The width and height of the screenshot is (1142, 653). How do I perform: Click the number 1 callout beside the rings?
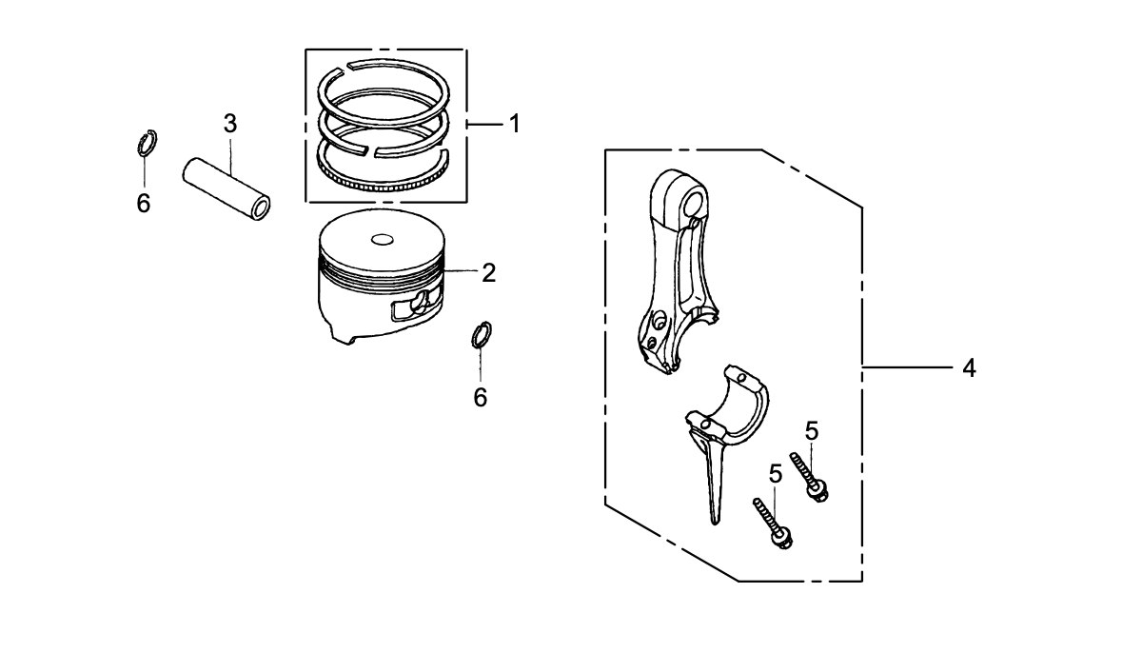tap(514, 124)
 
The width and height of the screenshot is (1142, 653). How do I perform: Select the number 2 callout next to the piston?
tap(488, 273)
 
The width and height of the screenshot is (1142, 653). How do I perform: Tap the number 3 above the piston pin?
tap(230, 123)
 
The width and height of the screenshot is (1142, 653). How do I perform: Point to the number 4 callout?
tap(969, 367)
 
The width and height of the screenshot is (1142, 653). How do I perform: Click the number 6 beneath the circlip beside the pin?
tap(144, 204)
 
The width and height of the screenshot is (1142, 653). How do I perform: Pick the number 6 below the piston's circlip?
tap(481, 397)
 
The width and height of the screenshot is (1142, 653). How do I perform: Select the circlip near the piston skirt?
tap(482, 336)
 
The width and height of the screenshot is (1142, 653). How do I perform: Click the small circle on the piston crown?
tap(384, 238)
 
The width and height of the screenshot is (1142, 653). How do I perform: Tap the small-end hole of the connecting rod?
tap(694, 202)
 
